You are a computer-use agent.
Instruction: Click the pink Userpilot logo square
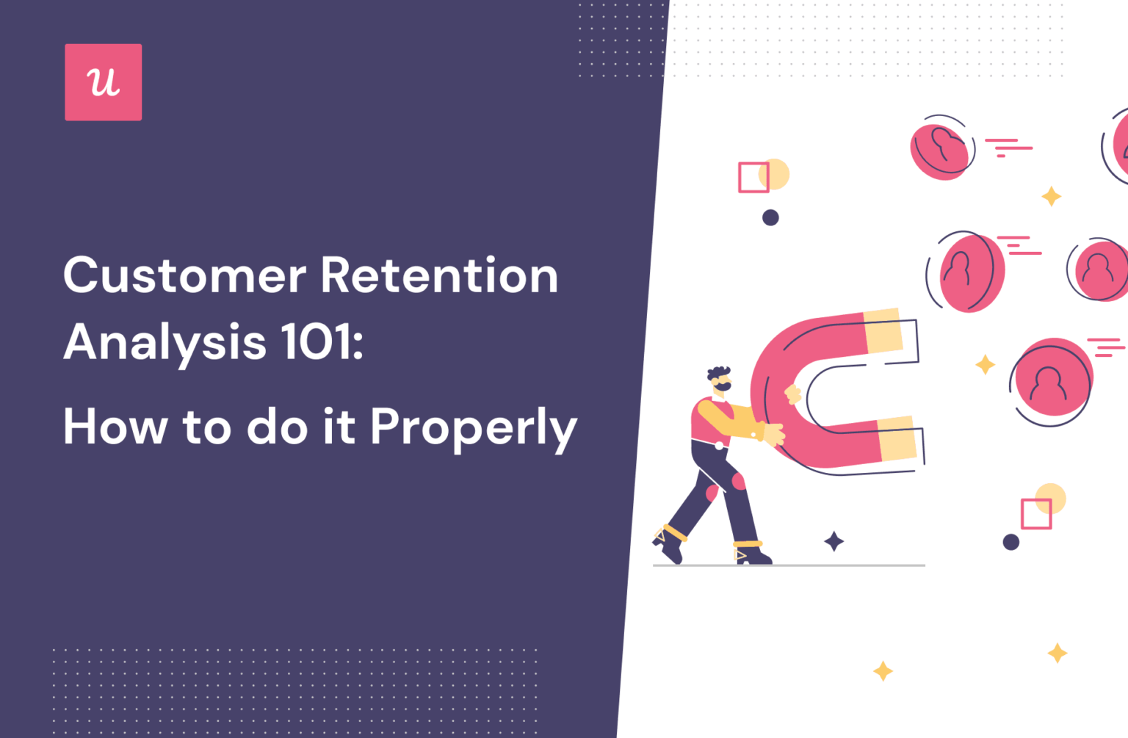(x=103, y=82)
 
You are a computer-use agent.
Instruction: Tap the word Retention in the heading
(x=438, y=276)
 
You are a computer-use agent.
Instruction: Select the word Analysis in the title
(x=164, y=343)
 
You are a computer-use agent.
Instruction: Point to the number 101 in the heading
(x=317, y=341)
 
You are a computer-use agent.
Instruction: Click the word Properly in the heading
(x=473, y=427)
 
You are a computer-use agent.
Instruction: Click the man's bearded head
(x=720, y=380)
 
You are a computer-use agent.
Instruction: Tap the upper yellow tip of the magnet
(x=883, y=332)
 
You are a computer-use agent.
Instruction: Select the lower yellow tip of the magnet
(x=897, y=439)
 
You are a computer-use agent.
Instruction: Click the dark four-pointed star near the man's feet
(x=834, y=542)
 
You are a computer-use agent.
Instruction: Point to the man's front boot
(x=751, y=553)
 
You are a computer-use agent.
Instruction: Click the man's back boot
(x=668, y=543)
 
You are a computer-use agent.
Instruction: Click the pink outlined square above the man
(x=753, y=178)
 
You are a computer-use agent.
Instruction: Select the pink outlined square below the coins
(x=1036, y=513)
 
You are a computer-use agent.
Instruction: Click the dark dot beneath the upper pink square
(x=770, y=217)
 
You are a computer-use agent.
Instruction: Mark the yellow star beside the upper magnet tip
(x=985, y=364)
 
